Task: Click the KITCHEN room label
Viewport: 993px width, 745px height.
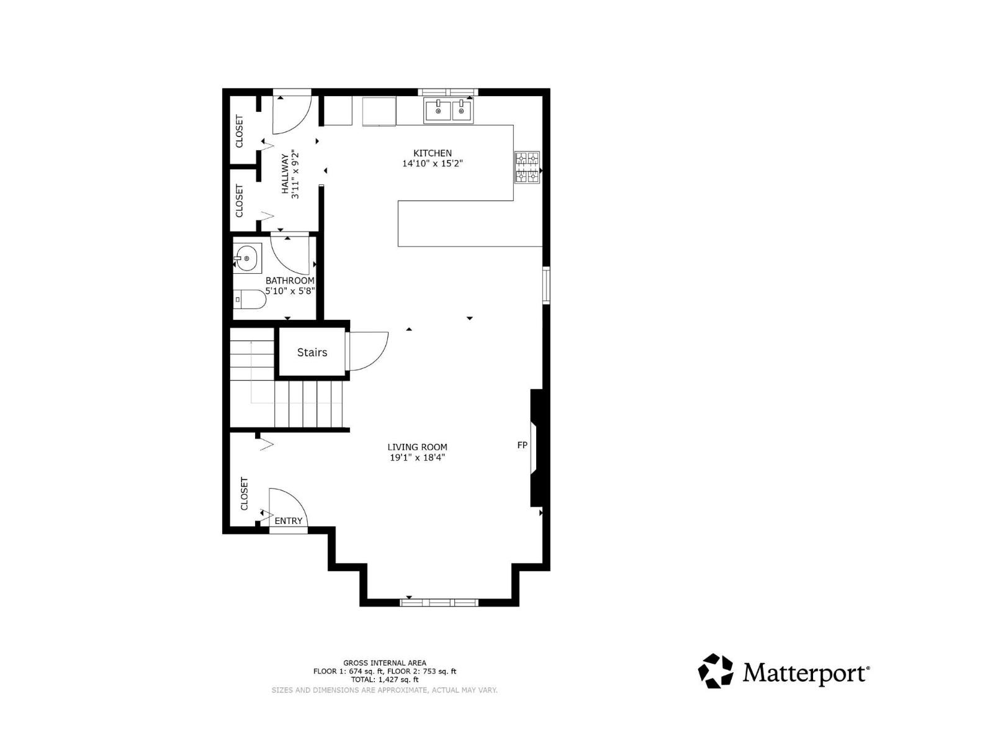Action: click(433, 153)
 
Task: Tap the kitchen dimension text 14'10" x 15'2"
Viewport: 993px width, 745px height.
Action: click(433, 164)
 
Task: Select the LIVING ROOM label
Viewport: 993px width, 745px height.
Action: click(417, 447)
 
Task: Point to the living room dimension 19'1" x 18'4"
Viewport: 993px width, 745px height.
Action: click(417, 458)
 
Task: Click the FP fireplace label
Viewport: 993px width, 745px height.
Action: click(522, 445)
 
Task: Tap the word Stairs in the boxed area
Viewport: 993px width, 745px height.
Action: click(312, 352)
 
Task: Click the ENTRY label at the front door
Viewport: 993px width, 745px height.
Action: click(289, 521)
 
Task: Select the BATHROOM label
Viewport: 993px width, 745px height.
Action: click(290, 281)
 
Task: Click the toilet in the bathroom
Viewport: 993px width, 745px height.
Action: click(249, 299)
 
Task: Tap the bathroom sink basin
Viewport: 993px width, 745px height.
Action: click(247, 258)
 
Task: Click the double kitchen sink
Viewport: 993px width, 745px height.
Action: click(449, 111)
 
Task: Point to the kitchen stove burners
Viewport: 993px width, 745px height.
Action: click(527, 168)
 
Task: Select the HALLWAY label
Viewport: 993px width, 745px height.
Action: click(286, 174)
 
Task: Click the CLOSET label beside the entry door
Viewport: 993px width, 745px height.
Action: click(244, 494)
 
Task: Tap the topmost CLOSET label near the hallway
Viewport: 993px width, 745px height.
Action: click(239, 131)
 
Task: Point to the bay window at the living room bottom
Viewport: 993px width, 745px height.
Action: click(439, 602)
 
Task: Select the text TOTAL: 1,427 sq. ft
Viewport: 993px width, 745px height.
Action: click(385, 680)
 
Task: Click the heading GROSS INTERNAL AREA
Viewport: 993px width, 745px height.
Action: click(385, 663)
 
